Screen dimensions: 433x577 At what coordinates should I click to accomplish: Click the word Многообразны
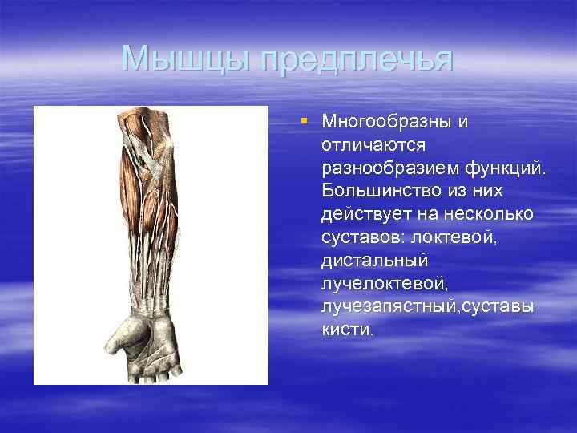(381, 122)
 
